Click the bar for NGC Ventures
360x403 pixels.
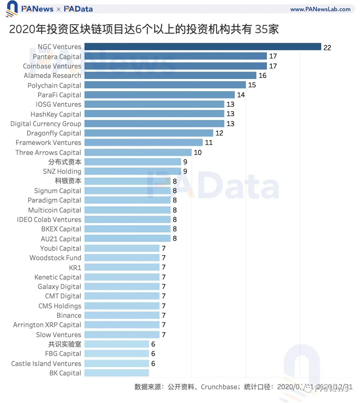202,47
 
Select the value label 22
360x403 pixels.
327,48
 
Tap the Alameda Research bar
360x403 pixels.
170,76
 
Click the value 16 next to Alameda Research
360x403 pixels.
262,76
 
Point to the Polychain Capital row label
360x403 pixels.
54,85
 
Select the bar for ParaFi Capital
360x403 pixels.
159,95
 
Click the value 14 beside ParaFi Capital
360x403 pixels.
241,95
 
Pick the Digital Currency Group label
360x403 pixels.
46,124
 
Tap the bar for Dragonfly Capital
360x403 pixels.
149,133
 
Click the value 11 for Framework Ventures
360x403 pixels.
208,143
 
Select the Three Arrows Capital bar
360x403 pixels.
138,152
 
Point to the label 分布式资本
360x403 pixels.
65,162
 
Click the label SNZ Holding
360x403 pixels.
62,171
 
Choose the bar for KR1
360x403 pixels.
122,268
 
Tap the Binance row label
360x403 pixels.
69,315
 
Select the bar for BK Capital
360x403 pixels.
117,373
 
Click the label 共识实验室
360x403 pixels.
65,344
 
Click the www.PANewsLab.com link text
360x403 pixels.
320,9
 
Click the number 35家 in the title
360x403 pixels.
267,29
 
